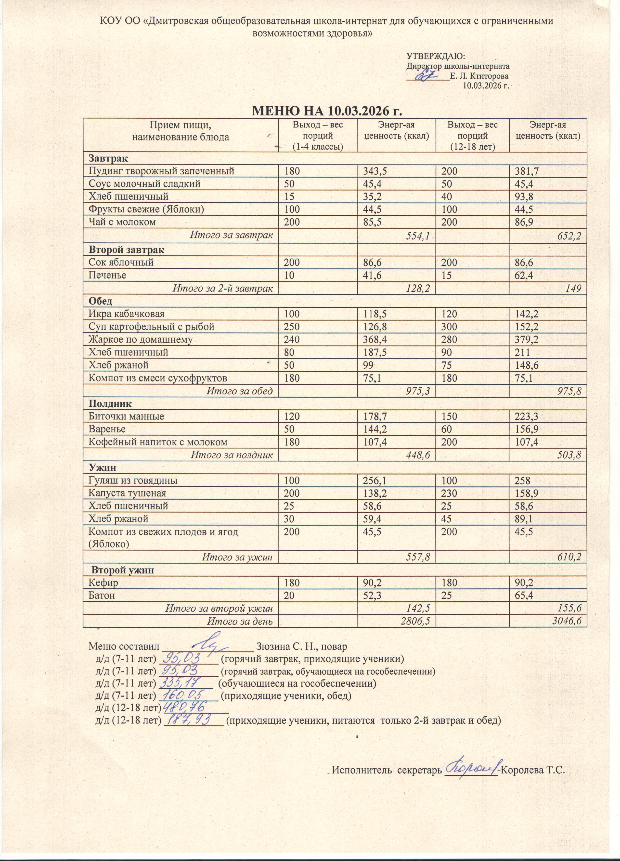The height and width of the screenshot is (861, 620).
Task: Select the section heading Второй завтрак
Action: pyautogui.click(x=127, y=250)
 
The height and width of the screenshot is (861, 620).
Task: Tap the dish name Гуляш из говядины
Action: pyautogui.click(x=133, y=480)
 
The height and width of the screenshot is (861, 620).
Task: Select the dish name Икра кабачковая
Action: pyautogui.click(x=126, y=314)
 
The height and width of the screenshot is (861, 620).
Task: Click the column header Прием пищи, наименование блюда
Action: pyautogui.click(x=181, y=131)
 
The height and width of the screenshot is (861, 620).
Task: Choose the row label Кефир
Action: pyautogui.click(x=103, y=582)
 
